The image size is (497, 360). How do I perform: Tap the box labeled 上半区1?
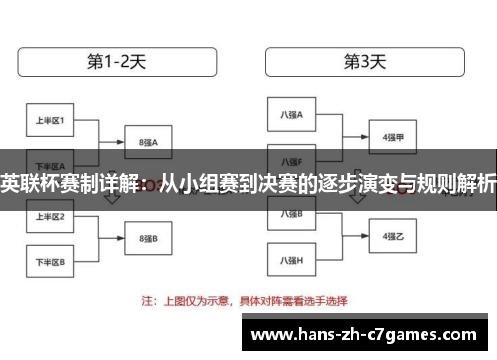pyautogui.click(x=50, y=122)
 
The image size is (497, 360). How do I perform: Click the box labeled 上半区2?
pyautogui.click(x=50, y=216)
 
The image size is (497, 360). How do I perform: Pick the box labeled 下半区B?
pyautogui.click(x=50, y=262)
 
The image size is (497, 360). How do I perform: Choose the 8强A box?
pyautogui.click(x=149, y=142)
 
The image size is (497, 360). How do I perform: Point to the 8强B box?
pyautogui.click(x=149, y=239)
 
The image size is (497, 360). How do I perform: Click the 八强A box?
pyautogui.click(x=292, y=115)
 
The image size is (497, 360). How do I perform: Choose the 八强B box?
pyautogui.click(x=292, y=214)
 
